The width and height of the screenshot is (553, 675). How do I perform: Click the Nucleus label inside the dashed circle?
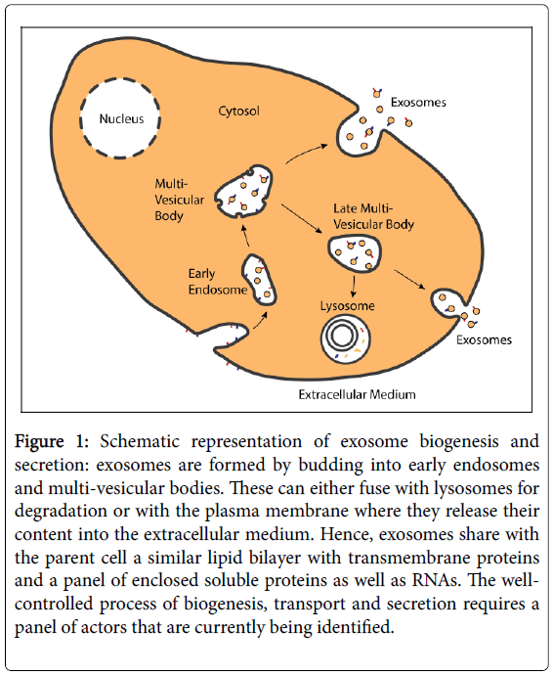point(121,118)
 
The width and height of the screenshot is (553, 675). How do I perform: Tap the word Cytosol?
point(238,112)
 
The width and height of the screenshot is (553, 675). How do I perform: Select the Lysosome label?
point(348,306)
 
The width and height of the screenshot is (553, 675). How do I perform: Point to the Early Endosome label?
point(218,282)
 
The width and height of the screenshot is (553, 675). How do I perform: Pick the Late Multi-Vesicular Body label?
point(373,216)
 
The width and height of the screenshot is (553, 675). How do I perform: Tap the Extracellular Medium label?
point(357,395)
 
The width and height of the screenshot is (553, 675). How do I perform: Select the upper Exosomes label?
point(418,103)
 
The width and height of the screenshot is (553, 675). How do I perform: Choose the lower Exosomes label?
point(484,340)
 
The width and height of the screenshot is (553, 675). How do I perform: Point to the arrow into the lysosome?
point(354,287)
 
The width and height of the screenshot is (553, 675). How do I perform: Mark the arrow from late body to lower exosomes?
point(409,279)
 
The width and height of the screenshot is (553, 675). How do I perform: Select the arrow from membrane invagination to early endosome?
point(261,321)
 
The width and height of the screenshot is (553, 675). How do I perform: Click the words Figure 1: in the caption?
point(52,441)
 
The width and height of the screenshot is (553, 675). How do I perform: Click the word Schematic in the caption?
point(140,441)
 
